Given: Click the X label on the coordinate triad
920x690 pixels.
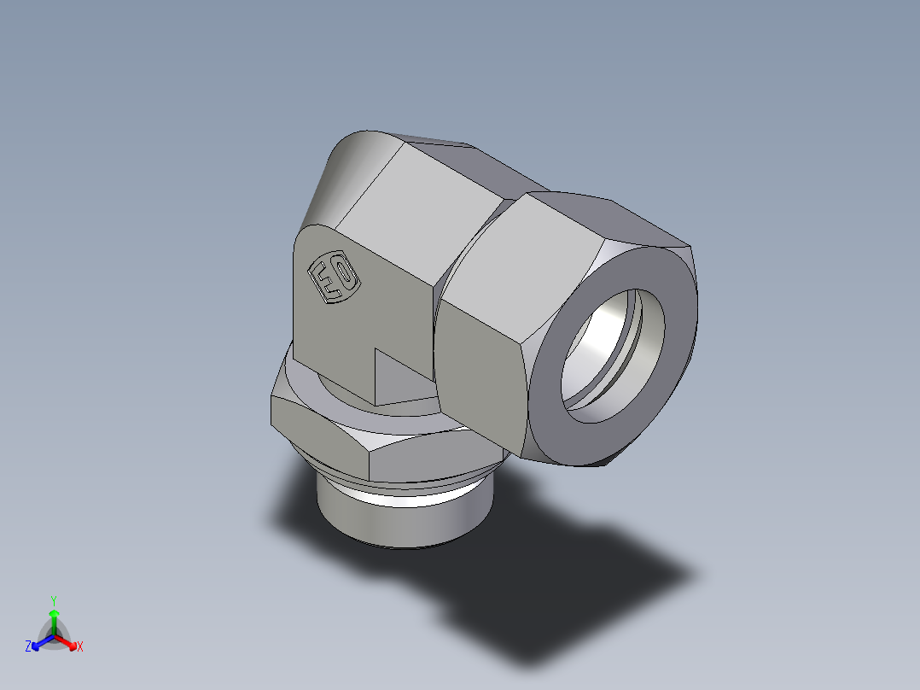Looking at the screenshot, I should click(80, 647).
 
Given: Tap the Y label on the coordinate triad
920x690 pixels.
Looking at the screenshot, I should click(54, 600).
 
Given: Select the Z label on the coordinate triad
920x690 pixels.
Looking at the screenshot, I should click(28, 647).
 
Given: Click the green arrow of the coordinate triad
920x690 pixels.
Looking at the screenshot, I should click(54, 618).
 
